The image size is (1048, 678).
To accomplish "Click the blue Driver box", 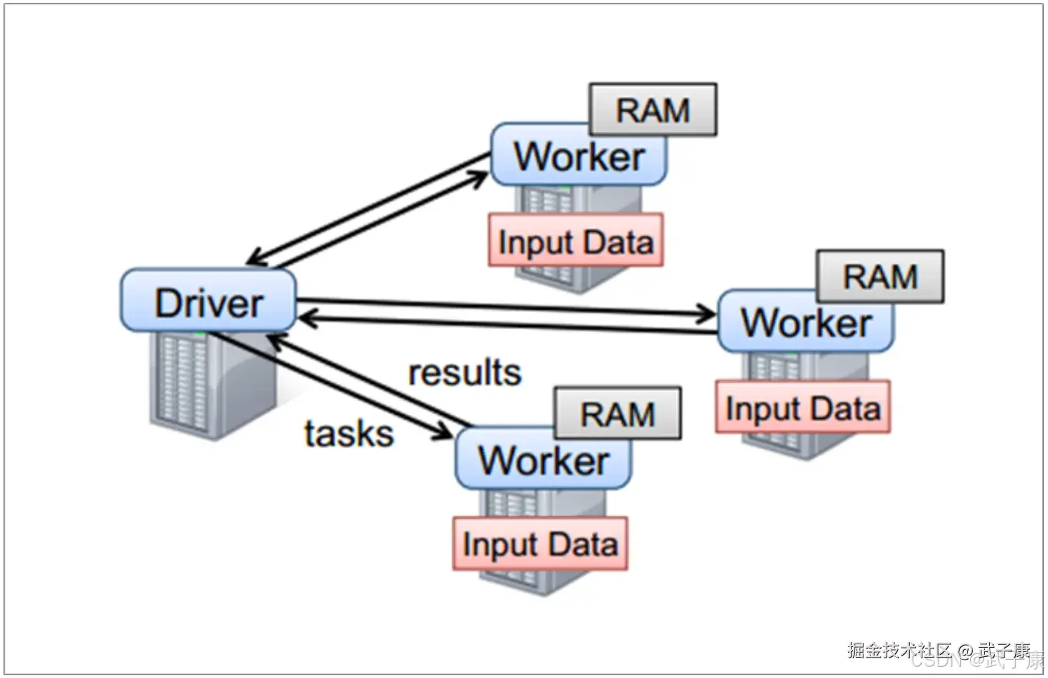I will point(208,301).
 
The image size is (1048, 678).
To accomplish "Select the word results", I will point(464,373).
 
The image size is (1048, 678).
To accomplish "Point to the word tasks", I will point(349,434).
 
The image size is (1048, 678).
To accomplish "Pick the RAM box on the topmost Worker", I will point(653,109).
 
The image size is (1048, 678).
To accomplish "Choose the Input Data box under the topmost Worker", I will point(576,241).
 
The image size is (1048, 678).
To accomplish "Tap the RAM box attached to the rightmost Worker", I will point(880,276).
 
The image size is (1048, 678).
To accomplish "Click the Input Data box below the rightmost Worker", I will point(802,408).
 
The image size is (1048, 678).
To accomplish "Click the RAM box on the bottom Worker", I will point(617,413).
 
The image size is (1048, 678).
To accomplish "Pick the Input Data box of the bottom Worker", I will point(540,544).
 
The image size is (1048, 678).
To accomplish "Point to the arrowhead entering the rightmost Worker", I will point(707,314).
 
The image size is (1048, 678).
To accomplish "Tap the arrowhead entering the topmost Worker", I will point(479,178).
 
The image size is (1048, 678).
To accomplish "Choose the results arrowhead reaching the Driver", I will point(276,341).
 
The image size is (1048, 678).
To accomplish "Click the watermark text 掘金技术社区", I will point(899,650).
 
